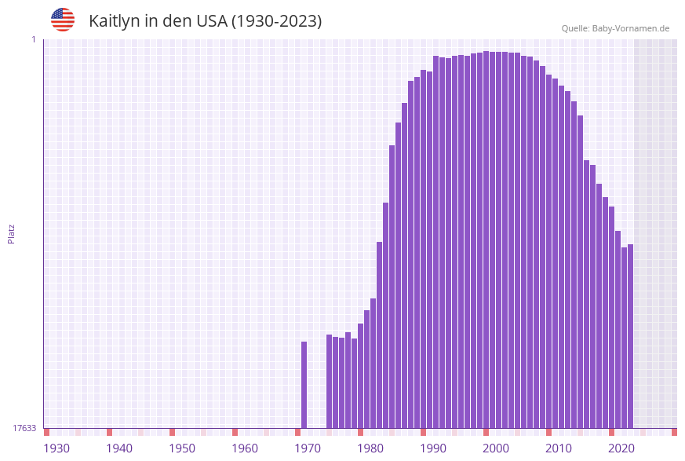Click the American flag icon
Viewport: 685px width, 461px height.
point(63,20)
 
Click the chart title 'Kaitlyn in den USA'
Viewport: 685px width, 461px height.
point(205,21)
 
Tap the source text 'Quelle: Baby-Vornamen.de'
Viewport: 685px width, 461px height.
point(615,28)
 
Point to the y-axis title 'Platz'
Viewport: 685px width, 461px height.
point(12,233)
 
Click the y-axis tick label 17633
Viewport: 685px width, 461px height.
point(24,428)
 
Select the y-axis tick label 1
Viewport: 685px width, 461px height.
point(34,39)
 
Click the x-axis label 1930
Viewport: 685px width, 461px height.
point(56,448)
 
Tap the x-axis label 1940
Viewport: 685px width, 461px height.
point(119,448)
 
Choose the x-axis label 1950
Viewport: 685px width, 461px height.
point(182,448)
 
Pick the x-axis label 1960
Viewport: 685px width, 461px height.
point(245,448)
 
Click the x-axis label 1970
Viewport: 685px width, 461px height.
point(308,448)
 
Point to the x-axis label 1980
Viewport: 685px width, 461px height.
point(370,448)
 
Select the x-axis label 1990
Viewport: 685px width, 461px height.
point(433,448)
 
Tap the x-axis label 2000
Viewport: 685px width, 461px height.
point(496,448)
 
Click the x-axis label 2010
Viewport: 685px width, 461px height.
point(559,448)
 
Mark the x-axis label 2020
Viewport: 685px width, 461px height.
point(621,448)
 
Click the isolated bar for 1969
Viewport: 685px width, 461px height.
point(304,385)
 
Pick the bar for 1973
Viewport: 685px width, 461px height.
point(330,381)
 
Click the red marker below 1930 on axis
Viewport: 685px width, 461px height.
point(47,432)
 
